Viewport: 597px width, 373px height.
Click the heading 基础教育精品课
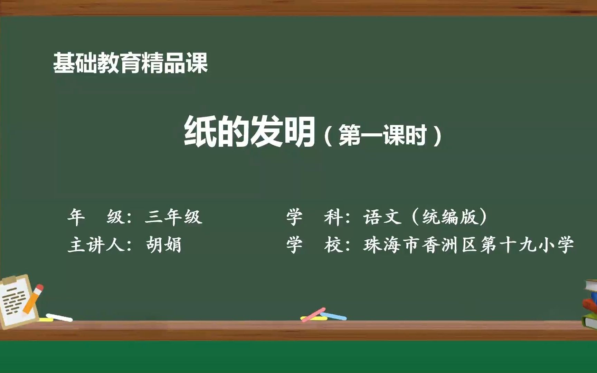pyautogui.click(x=130, y=63)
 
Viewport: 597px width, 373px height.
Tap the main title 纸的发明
pyautogui.click(x=249, y=131)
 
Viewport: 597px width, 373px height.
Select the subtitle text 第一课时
pyautogui.click(x=382, y=135)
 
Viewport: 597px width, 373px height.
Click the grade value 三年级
pyautogui.click(x=173, y=217)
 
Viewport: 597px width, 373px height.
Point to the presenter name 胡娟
pyautogui.click(x=163, y=245)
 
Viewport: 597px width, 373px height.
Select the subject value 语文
pyautogui.click(x=382, y=217)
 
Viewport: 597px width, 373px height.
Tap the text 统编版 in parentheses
pyautogui.click(x=449, y=217)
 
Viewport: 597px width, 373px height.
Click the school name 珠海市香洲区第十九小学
pyautogui.click(x=468, y=245)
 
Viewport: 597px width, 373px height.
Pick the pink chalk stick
pyautogui.click(x=313, y=315)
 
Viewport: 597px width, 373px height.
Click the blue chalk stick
pyautogui.click(x=333, y=316)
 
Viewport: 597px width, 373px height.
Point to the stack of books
pyautogui.click(x=590, y=304)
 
